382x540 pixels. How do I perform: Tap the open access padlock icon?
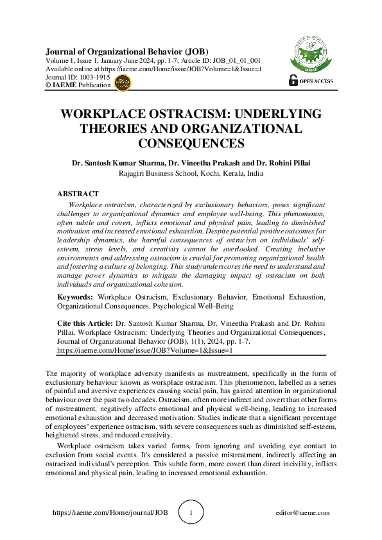(x=294, y=80)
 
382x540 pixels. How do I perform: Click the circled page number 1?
(x=191, y=513)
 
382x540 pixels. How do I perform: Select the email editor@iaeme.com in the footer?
(x=302, y=513)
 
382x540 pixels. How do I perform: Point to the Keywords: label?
(x=76, y=297)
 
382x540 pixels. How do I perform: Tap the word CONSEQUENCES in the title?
(x=191, y=143)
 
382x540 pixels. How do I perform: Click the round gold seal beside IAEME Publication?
(x=122, y=81)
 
